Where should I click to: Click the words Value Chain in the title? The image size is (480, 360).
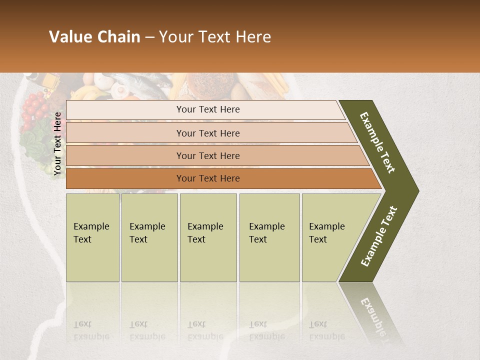94,37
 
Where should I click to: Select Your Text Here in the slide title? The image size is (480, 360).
215,37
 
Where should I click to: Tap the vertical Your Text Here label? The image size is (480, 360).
57,143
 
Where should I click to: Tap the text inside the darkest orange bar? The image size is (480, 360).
208,178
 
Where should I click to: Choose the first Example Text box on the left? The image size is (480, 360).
92,237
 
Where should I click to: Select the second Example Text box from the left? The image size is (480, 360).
149,237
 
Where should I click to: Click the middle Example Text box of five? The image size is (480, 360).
208,237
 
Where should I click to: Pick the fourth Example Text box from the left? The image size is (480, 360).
269,237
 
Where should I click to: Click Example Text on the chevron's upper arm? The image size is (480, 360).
377,142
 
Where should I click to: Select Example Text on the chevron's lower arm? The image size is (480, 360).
379,236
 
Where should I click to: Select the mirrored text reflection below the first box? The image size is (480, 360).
91,330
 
